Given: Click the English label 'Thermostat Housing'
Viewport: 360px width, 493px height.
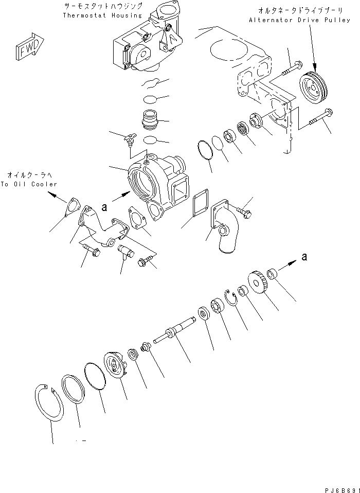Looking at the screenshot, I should coord(102,15).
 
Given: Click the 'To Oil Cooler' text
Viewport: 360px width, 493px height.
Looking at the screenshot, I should coord(29,184).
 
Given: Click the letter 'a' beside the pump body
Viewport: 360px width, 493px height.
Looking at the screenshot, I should coord(104,207).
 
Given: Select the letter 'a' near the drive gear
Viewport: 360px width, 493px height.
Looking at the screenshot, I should coord(304,257).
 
